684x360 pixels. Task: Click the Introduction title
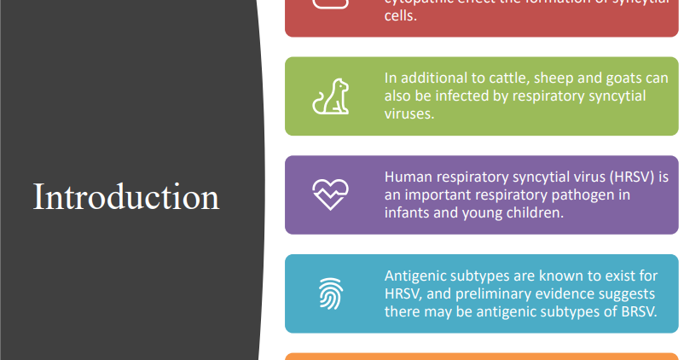point(126,196)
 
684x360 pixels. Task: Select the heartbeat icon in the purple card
point(330,195)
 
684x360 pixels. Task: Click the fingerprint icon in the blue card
point(330,293)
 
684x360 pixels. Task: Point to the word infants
point(409,213)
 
